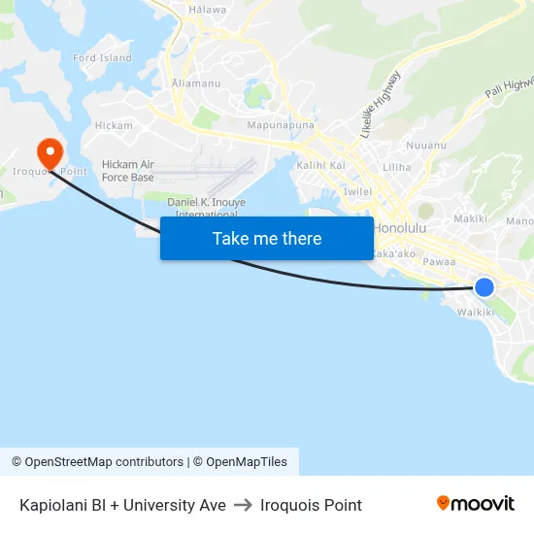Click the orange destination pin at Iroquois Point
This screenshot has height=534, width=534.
point(49,151)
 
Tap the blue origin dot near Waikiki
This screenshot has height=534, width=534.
point(484,287)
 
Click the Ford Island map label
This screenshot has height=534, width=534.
point(102,58)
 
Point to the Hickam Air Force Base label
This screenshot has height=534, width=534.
point(128,171)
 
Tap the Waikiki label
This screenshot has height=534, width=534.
point(475,312)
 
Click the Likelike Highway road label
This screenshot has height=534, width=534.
point(380,104)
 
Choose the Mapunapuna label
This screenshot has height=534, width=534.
point(281,126)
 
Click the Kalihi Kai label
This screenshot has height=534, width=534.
point(320,166)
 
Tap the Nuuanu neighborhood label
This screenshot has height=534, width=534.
point(426,145)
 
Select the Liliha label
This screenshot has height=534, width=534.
point(397,167)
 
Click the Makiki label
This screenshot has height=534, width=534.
point(470,218)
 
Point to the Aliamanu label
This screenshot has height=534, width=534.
point(195,83)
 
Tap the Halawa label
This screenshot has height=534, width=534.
point(208,10)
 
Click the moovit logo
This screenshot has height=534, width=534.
point(476,504)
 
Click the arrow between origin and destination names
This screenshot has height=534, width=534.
point(243,505)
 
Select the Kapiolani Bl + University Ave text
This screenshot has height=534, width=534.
point(122,505)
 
